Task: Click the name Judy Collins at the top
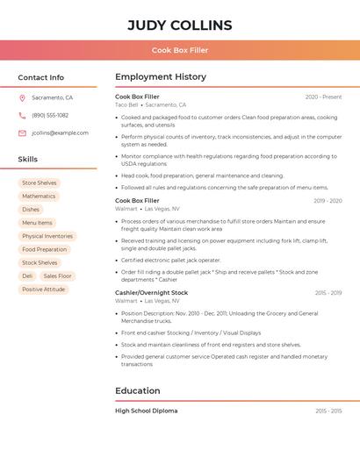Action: click(x=180, y=25)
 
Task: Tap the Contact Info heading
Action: click(x=40, y=77)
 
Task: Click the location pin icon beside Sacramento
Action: click(x=22, y=97)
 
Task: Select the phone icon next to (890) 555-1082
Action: click(x=22, y=115)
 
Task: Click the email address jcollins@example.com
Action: click(x=60, y=132)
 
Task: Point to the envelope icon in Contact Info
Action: click(x=22, y=132)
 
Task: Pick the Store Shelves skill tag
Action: click(x=40, y=182)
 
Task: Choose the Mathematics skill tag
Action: click(x=39, y=196)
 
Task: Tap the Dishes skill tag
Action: click(x=31, y=209)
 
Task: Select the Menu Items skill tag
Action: click(x=37, y=223)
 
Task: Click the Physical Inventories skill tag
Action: click(x=47, y=236)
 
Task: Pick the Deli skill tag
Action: click(x=27, y=275)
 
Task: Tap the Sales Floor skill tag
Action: click(x=58, y=275)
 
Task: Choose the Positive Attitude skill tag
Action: click(x=44, y=289)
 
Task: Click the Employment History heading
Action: click(x=161, y=77)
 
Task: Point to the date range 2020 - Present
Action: click(x=323, y=97)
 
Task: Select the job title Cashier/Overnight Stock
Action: click(x=151, y=292)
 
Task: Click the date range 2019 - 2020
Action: click(x=328, y=201)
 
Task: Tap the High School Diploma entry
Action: click(x=146, y=411)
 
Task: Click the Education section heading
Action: click(x=138, y=390)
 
